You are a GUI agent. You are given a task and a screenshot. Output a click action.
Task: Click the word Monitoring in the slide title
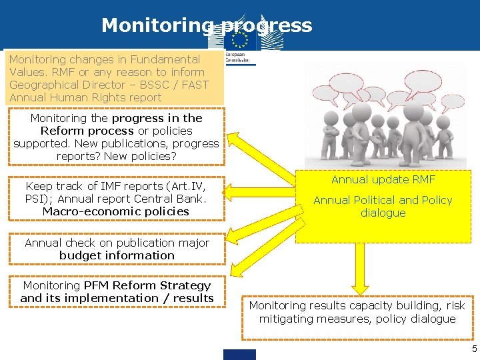[157, 25]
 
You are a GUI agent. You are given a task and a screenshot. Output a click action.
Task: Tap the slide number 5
[474, 349]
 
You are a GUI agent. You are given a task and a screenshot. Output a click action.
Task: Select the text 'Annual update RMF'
[383, 179]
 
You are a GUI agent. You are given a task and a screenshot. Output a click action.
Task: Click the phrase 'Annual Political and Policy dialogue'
[383, 206]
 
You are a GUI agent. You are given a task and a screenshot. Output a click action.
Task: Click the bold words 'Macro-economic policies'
[116, 211]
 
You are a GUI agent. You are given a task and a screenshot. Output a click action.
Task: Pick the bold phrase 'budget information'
[117, 255]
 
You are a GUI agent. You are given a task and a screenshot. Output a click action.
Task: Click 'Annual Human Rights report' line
[85, 97]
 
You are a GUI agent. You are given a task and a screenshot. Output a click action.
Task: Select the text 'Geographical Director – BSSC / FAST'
[109, 85]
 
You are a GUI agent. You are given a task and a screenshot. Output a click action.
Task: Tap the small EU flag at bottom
[240, 354]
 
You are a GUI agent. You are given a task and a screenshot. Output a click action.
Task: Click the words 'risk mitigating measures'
[333, 319]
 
